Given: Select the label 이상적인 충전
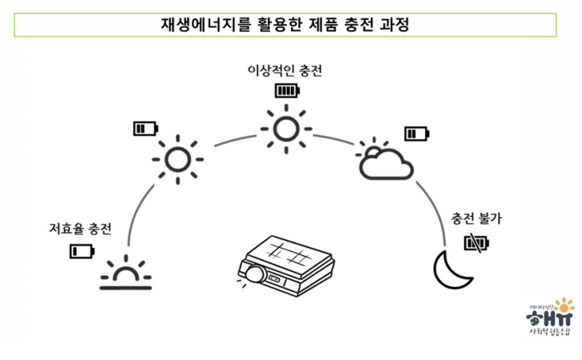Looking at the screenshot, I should coord(284,71).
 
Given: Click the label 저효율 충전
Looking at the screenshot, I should coord(80,228).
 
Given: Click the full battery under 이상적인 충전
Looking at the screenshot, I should coord(287,89).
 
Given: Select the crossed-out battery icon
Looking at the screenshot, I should coord(477,242).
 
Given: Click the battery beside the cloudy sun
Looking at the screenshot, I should coord(417,133).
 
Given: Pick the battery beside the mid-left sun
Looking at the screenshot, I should coord(145,128).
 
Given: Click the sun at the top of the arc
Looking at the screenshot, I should coord(286,127).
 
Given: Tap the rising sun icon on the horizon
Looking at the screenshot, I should coord(126,273).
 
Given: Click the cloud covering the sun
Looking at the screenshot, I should coord(387,165).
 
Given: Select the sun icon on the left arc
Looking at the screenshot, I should coord(176,157).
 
